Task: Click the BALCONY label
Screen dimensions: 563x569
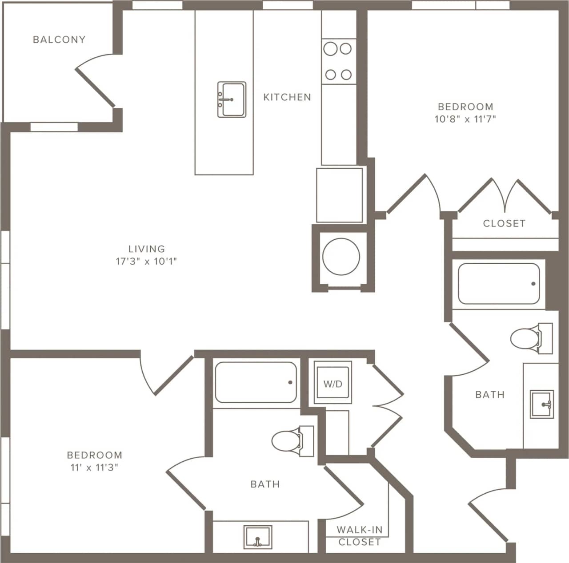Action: [59, 40]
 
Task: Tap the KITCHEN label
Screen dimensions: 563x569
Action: [287, 97]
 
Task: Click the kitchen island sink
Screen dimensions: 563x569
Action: [232, 99]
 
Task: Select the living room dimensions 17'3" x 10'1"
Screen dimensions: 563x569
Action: [146, 262]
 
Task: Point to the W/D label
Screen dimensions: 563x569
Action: [333, 384]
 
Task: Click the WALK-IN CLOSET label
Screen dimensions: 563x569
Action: [359, 535]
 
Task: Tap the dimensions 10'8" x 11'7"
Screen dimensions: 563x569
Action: [465, 119]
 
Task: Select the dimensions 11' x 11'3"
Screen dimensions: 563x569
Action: [94, 468]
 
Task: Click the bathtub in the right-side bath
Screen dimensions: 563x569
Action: [499, 284]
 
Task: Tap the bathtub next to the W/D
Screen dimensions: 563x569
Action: [256, 382]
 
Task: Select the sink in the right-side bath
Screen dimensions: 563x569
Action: [542, 404]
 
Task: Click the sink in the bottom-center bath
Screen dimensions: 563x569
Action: [258, 537]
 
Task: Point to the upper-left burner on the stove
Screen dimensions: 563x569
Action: [330, 48]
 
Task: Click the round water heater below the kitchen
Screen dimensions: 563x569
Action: [341, 257]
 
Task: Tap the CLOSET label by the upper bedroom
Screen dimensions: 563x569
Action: [504, 223]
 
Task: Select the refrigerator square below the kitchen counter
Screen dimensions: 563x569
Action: [339, 195]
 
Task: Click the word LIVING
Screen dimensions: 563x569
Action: [146, 249]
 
